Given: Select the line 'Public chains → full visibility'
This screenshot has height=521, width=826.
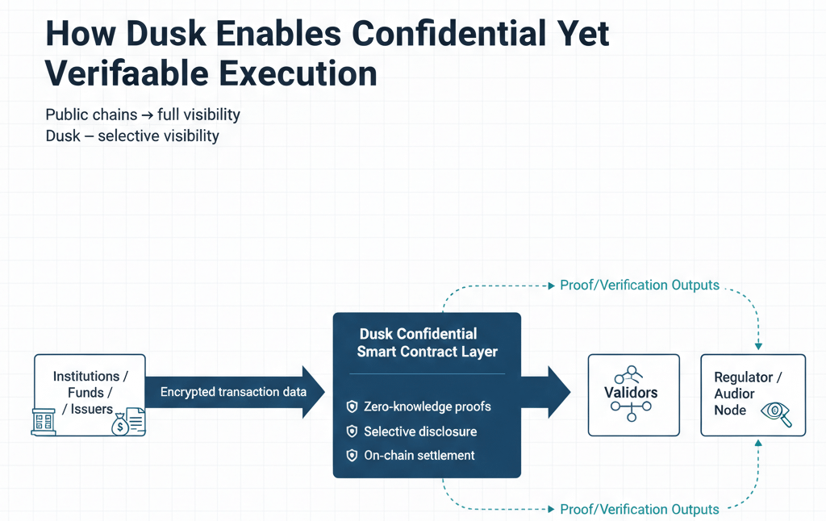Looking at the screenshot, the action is [143, 115].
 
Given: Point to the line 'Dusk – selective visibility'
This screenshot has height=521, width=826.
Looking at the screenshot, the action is [132, 135].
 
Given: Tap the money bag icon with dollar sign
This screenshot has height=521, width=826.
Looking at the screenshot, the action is [120, 423].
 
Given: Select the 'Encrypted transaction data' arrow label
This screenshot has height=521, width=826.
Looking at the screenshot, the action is [233, 392].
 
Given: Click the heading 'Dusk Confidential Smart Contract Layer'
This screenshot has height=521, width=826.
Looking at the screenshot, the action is [428, 342].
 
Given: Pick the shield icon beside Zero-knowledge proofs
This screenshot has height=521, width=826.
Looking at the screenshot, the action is [351, 406].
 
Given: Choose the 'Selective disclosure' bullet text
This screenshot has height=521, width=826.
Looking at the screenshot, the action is [419, 431].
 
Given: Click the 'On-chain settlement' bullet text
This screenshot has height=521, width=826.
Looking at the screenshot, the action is [419, 455].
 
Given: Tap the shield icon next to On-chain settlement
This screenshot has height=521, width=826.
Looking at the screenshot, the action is [351, 455].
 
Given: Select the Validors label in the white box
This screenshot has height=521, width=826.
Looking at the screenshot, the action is [631, 393].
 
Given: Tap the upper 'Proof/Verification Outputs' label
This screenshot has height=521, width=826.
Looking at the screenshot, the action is [640, 285].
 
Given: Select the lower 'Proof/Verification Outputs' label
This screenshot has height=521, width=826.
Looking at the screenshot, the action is [640, 509].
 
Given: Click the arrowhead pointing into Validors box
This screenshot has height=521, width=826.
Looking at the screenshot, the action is [560, 393].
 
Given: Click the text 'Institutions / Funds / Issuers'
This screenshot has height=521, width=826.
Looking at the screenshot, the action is [86, 393].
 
